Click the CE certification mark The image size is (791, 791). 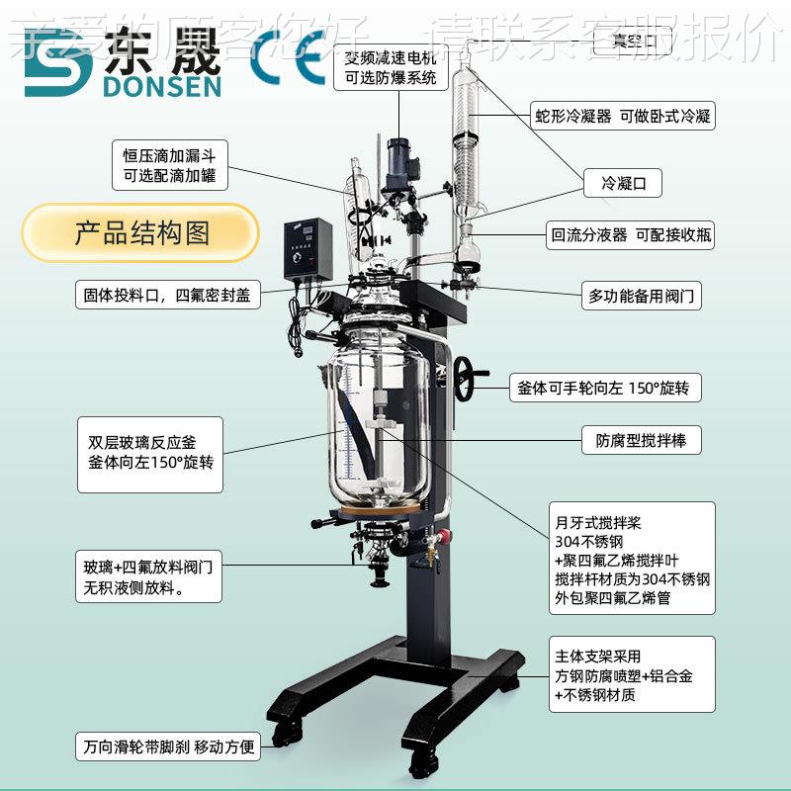[x=287, y=55]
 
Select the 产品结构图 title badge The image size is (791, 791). [x=140, y=233]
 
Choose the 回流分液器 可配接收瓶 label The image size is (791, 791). [x=631, y=235]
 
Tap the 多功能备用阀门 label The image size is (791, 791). [x=642, y=295]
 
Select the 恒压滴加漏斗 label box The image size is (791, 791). [x=169, y=165]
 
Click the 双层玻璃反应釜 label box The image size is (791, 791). [x=149, y=454]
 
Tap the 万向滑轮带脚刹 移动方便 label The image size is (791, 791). [x=167, y=747]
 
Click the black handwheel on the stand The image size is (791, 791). [x=467, y=380]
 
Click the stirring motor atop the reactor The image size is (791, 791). [x=399, y=163]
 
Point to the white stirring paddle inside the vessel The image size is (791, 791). [x=377, y=425]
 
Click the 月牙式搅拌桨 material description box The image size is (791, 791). [x=632, y=559]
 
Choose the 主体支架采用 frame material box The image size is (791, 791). [x=632, y=674]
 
